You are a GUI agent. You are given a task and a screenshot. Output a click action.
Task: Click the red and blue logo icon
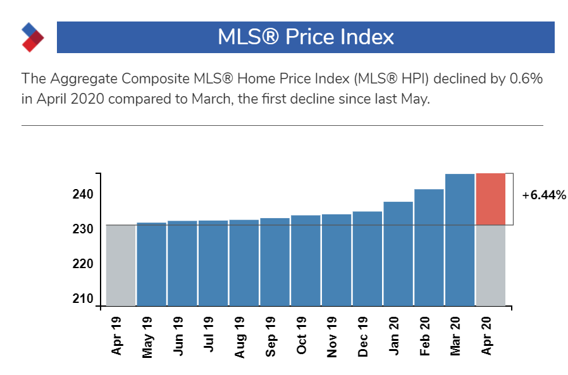[x=32, y=37]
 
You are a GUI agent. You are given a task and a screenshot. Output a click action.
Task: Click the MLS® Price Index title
[x=306, y=37]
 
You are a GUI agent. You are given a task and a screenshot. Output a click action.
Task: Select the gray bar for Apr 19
[x=120, y=265]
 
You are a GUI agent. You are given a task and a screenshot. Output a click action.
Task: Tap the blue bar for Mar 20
[x=460, y=240]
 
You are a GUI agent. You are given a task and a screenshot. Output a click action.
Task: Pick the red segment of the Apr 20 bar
[x=491, y=199]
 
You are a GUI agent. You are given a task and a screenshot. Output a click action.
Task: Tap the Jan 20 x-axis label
[x=393, y=336]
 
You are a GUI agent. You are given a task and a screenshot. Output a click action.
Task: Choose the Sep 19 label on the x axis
[x=270, y=336]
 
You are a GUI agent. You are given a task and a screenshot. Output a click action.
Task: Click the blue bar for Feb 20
[x=429, y=247]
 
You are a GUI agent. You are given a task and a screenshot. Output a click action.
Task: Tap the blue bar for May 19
[x=151, y=264]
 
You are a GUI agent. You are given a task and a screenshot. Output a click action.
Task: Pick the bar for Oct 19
[x=306, y=260]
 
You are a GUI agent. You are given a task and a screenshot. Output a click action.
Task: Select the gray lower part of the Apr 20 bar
[x=491, y=265]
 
